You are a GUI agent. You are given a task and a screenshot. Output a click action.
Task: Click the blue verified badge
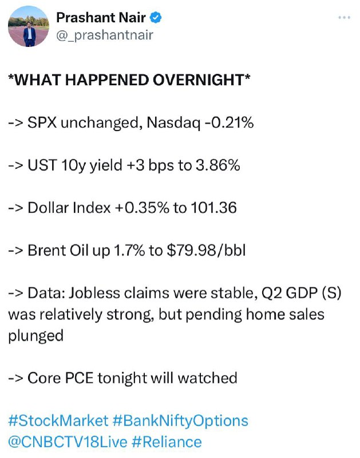(x=156, y=18)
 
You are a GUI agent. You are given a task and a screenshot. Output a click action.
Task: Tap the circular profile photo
(x=29, y=26)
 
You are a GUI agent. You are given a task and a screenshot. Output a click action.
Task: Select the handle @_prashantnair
(x=105, y=35)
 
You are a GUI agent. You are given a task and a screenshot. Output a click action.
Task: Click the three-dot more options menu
(x=344, y=18)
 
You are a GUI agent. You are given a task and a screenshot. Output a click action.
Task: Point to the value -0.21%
(x=229, y=123)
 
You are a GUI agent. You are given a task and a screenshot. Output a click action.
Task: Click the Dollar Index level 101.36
(x=213, y=208)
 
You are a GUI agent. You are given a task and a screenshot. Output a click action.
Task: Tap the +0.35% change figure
(x=142, y=208)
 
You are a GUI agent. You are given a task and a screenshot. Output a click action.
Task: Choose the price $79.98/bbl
(x=206, y=250)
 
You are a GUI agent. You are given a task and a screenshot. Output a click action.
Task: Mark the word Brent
(x=48, y=250)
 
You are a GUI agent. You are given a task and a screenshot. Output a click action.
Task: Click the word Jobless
(x=94, y=293)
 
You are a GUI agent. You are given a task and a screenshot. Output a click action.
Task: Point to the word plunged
(x=35, y=336)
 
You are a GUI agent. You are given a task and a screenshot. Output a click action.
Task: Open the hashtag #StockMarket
(x=58, y=421)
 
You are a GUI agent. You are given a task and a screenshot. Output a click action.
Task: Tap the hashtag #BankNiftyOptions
(x=180, y=421)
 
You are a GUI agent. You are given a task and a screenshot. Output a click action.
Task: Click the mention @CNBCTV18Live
(x=68, y=442)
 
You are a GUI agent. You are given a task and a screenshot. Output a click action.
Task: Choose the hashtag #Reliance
(x=167, y=442)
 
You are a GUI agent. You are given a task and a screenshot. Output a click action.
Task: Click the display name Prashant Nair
(x=101, y=18)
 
